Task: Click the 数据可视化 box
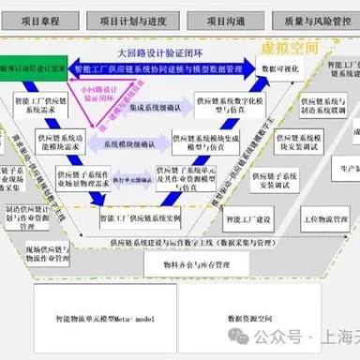click(281, 69)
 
